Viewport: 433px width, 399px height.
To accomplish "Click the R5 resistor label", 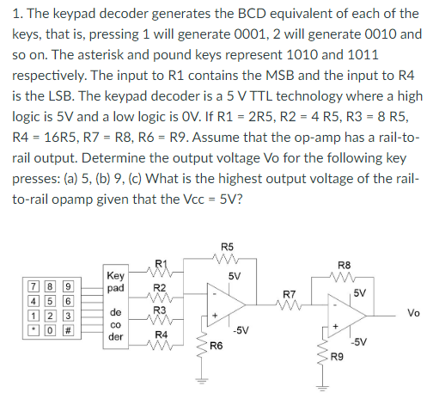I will click(x=226, y=249).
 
